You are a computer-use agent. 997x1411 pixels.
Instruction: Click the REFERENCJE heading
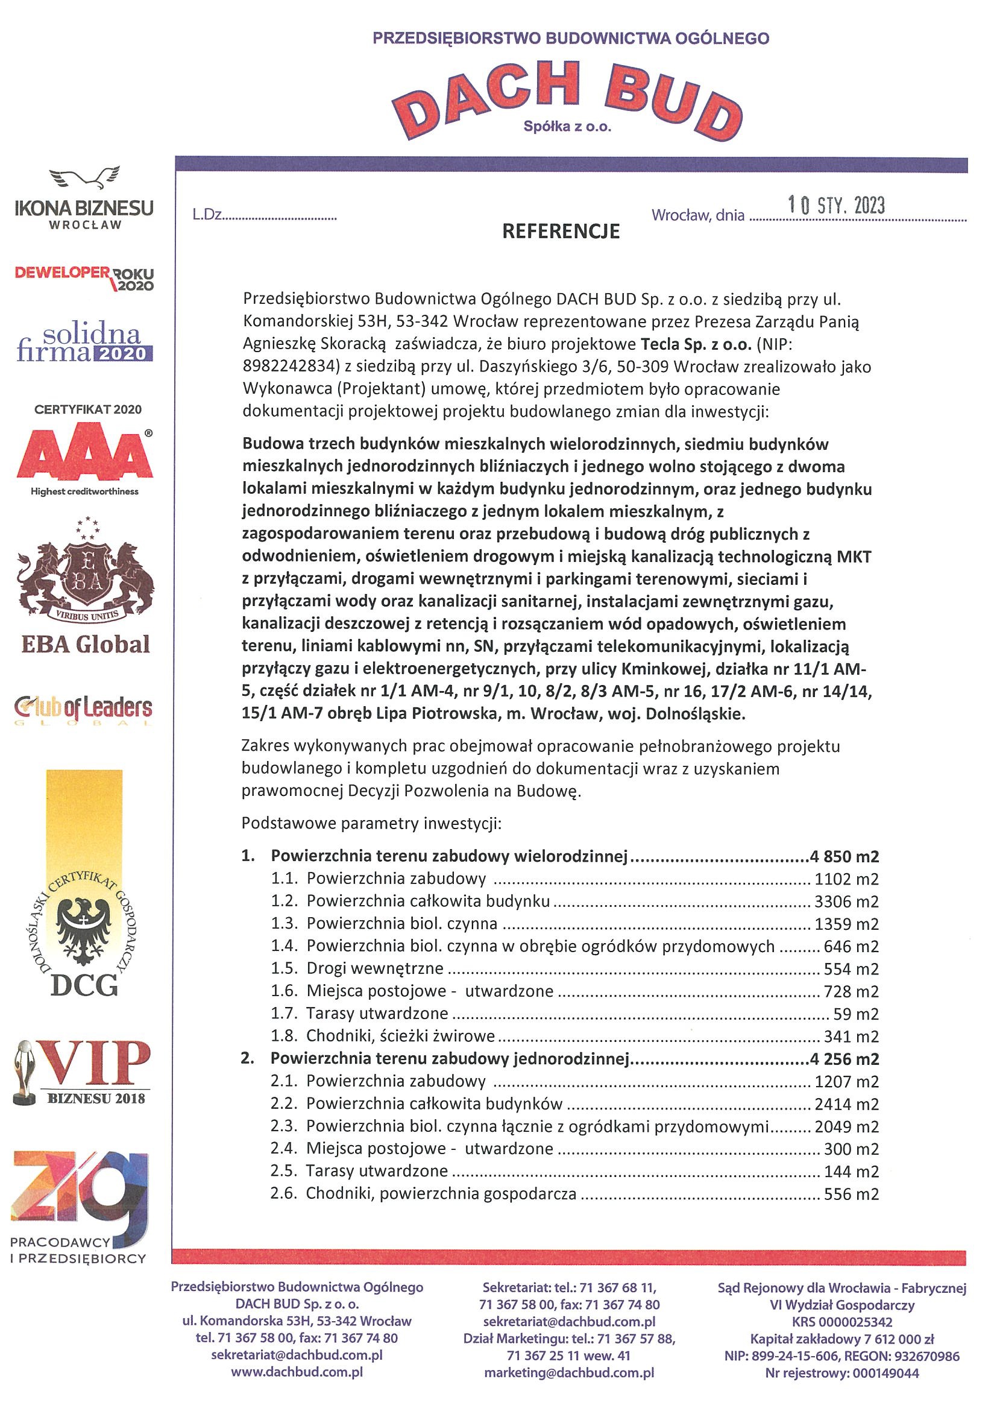click(x=561, y=231)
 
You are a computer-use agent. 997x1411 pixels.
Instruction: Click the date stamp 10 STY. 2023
click(x=836, y=205)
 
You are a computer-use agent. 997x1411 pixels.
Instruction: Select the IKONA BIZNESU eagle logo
click(x=85, y=198)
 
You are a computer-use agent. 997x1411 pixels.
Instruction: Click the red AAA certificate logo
click(x=85, y=455)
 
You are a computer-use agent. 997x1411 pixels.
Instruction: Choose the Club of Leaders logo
click(x=84, y=709)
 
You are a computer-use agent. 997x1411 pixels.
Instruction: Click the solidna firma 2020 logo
click(x=84, y=344)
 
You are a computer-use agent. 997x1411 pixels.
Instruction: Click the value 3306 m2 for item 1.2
click(x=846, y=901)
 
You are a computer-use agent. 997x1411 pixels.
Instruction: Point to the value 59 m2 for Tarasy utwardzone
click(x=856, y=1014)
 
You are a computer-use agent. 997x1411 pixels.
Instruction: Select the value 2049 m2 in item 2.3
click(x=846, y=1126)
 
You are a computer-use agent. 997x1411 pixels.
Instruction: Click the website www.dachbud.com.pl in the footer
click(x=297, y=1371)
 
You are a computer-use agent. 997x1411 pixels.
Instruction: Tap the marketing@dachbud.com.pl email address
click(x=569, y=1372)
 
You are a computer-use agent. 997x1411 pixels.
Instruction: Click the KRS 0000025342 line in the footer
click(x=842, y=1322)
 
